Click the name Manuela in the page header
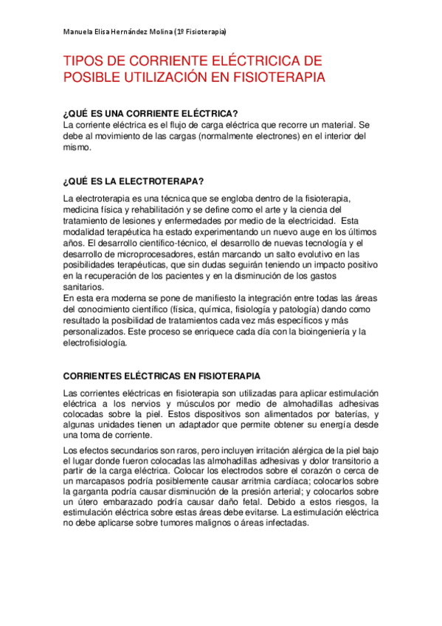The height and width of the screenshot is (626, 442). (77, 32)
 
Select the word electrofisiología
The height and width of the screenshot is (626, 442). (96, 343)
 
